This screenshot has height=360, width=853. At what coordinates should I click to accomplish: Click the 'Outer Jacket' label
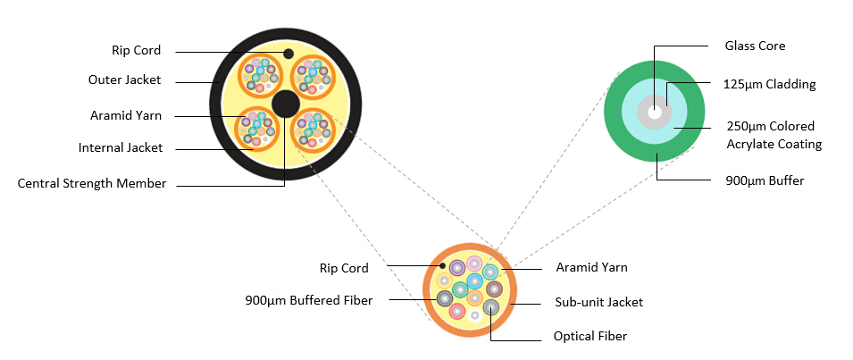tap(124, 80)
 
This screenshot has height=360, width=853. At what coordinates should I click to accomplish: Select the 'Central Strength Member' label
tap(92, 183)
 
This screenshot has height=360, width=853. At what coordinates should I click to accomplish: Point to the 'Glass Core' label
tap(755, 46)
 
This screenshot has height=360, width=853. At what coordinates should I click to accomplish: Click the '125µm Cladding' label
tap(769, 85)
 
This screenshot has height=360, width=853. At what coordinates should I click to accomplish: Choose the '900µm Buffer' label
tap(764, 180)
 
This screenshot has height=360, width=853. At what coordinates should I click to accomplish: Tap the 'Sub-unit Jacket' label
tap(598, 302)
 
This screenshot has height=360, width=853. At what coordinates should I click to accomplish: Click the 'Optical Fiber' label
tap(590, 336)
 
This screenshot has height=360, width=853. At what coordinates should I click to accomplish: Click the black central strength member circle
tap(286, 103)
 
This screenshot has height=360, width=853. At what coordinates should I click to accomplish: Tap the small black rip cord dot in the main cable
tap(289, 54)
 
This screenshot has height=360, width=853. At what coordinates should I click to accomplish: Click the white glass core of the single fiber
tap(656, 113)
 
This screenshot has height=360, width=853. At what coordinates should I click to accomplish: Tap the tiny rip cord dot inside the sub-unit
tap(443, 265)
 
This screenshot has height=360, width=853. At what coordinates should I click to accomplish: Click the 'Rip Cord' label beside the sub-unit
tap(344, 268)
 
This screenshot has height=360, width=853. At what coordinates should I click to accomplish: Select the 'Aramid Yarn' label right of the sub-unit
tap(591, 267)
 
